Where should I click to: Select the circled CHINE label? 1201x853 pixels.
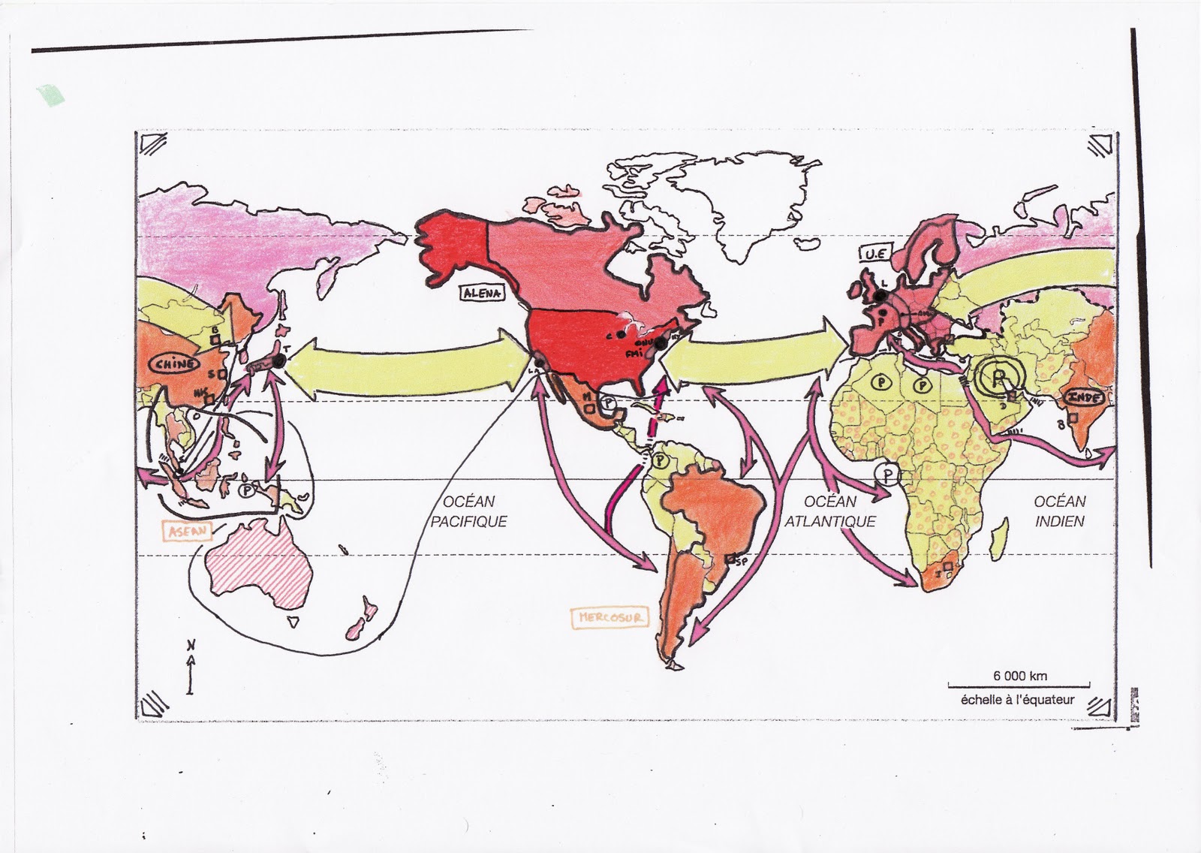pyautogui.click(x=175, y=364)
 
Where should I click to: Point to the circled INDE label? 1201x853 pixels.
pyautogui.click(x=1084, y=396)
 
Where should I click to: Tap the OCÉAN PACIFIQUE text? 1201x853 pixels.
pyautogui.click(x=468, y=511)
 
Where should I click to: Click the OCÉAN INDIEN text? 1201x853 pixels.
pyautogui.click(x=1059, y=511)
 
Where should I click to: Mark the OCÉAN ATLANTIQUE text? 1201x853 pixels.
pyautogui.click(x=830, y=511)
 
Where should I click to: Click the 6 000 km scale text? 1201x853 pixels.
pyautogui.click(x=1019, y=676)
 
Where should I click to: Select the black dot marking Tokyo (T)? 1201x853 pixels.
pyautogui.click(x=279, y=361)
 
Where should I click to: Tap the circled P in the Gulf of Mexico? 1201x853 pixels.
pyautogui.click(x=610, y=403)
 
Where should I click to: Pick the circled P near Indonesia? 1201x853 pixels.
pyautogui.click(x=245, y=490)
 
